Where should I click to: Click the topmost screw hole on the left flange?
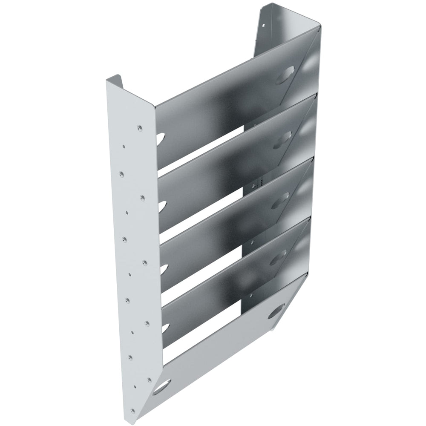(x=139, y=127)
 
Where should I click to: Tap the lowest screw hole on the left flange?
(x=134, y=411)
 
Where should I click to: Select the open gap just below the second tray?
(x=209, y=213)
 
